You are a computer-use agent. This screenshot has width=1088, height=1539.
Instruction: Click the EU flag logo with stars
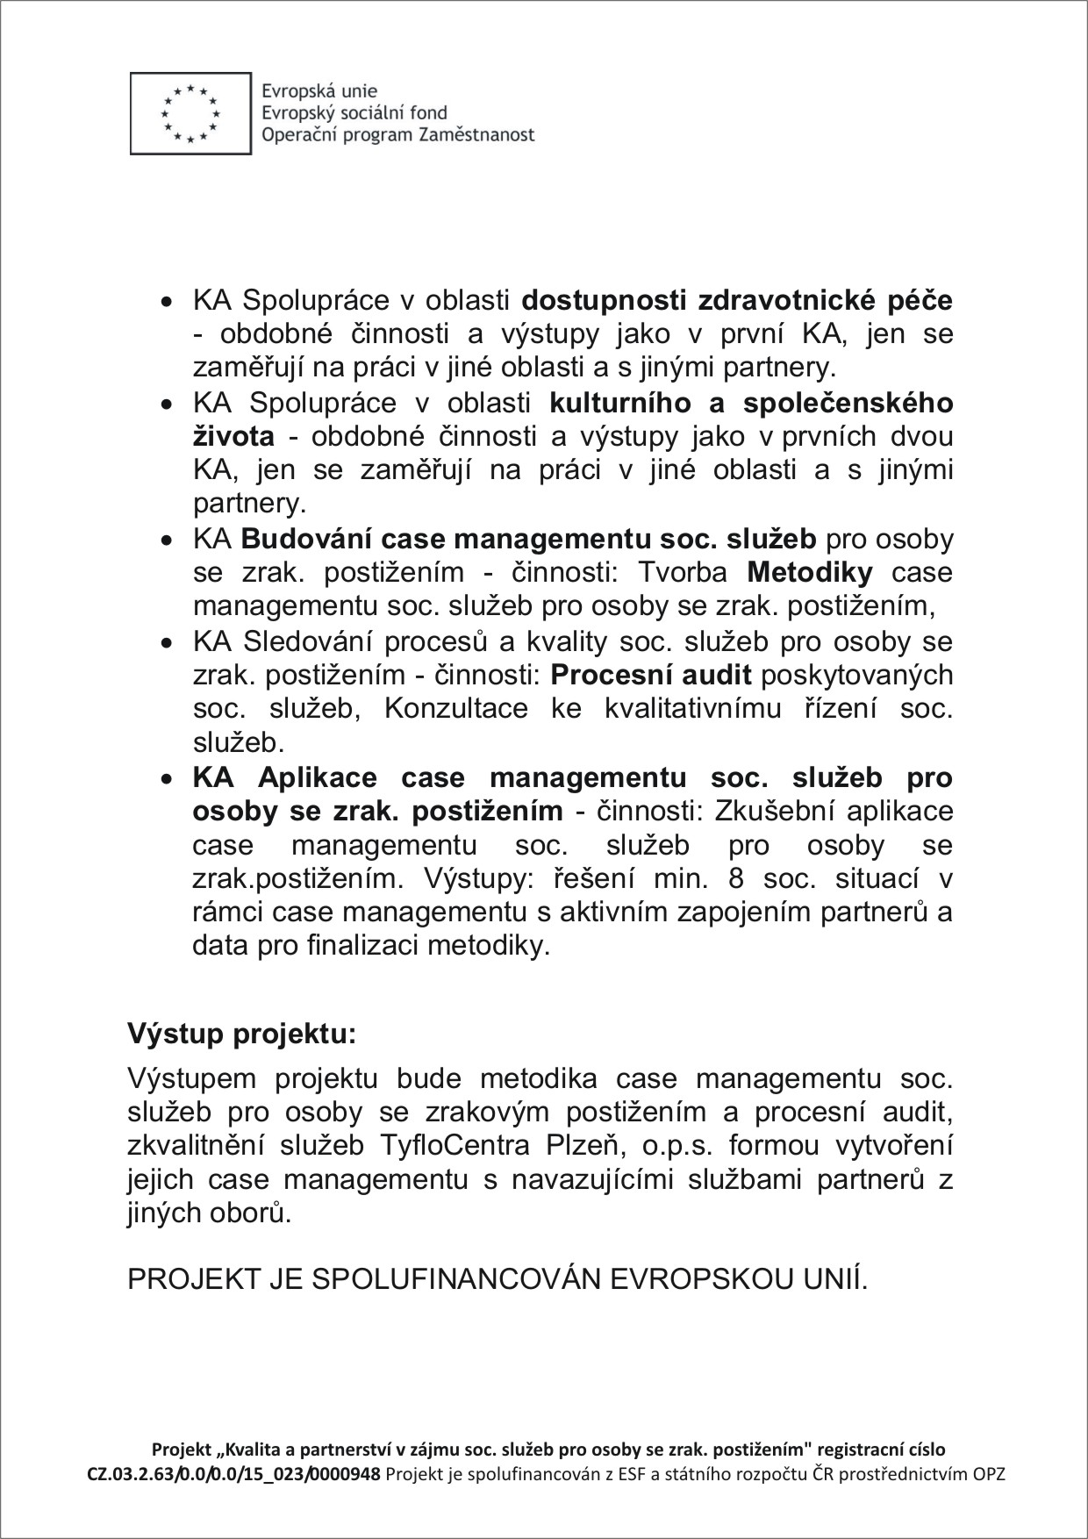[x=190, y=114]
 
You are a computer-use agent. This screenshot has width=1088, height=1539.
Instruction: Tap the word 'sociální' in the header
[x=378, y=113]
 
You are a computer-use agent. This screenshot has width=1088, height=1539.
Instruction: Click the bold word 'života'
[x=233, y=436]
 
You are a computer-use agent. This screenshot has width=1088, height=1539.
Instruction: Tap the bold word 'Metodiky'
[x=810, y=573]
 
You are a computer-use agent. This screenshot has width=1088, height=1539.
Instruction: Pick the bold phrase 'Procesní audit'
[x=651, y=675]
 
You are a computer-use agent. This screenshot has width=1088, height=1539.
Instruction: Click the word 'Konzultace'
[x=456, y=708]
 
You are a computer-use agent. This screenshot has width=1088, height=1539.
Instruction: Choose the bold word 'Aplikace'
[x=318, y=777]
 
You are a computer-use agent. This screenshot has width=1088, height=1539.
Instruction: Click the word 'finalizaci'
[x=362, y=946]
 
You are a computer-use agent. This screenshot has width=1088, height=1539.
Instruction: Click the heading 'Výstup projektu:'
[x=242, y=1034]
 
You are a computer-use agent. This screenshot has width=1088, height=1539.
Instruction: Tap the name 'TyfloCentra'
[x=455, y=1146]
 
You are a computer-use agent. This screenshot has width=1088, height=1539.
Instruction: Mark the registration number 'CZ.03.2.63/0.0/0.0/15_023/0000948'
[x=233, y=1474]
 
